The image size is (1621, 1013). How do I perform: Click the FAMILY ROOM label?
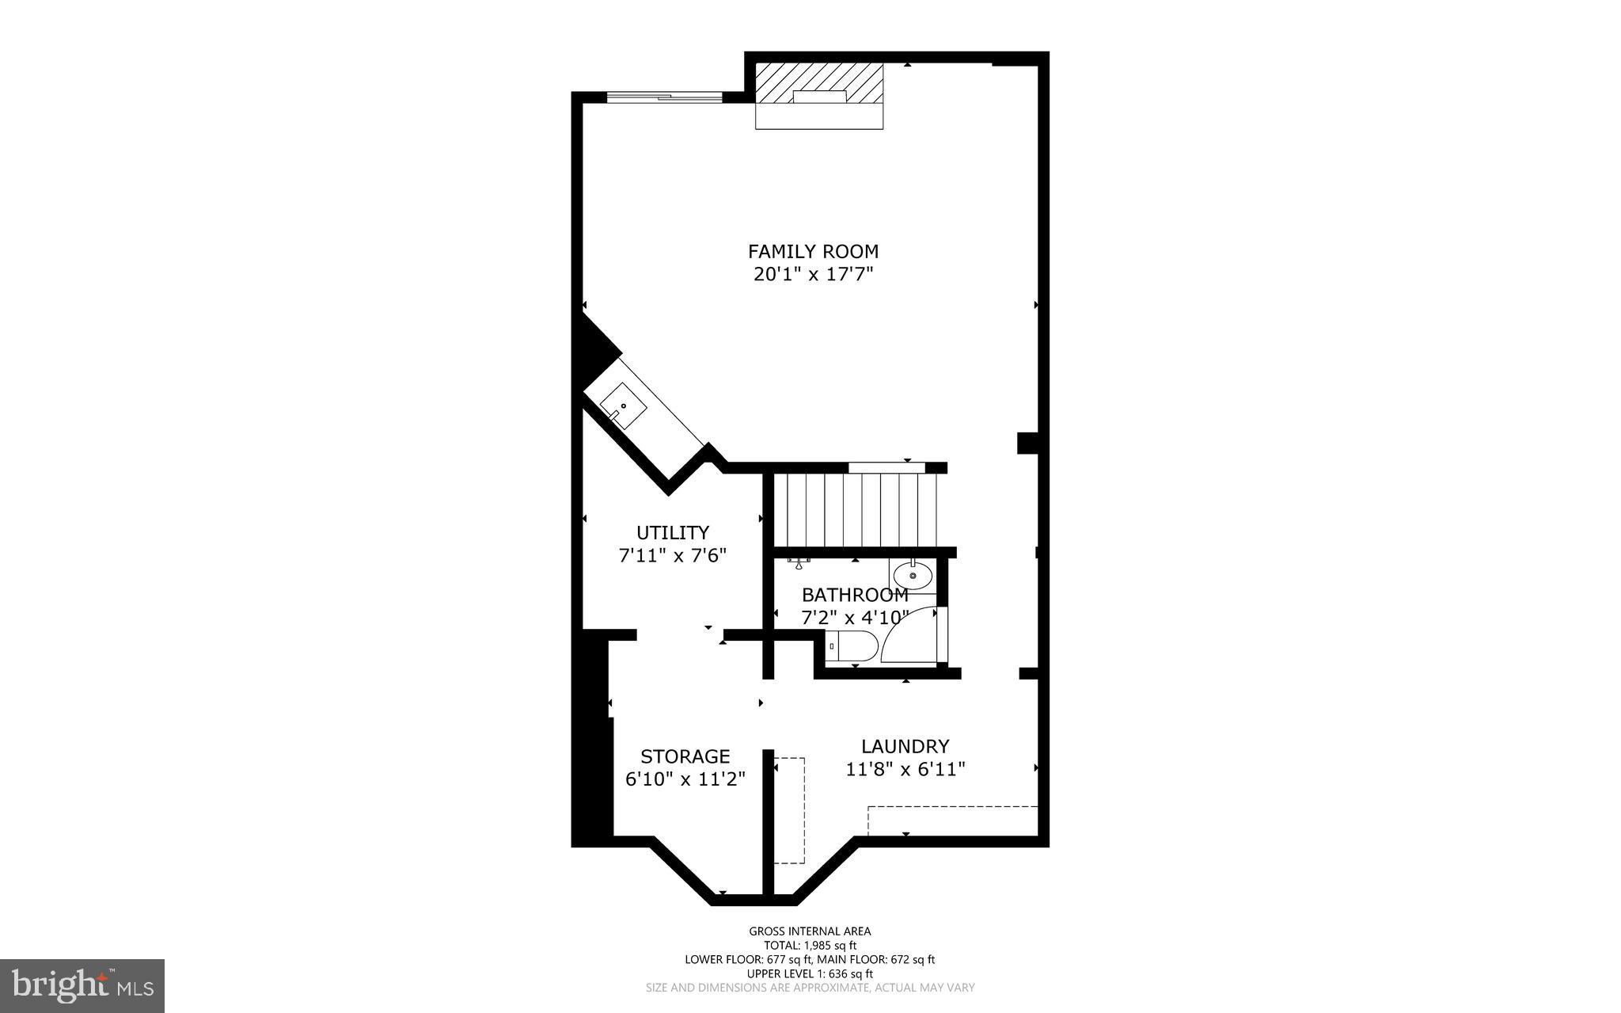813,252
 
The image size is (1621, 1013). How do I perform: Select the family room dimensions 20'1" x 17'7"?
813,275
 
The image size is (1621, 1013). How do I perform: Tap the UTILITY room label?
673,532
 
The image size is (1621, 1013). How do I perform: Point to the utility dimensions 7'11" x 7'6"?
673,555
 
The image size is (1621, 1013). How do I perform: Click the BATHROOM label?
855,595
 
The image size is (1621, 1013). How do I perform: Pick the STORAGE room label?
685,756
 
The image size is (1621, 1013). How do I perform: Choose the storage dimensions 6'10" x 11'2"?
685,779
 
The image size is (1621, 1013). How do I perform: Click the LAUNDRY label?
905,746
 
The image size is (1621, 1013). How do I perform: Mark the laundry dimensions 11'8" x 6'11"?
905,769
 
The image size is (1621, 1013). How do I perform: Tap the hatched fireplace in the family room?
819,84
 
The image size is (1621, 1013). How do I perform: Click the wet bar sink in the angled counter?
624,406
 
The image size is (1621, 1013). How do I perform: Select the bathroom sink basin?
913,575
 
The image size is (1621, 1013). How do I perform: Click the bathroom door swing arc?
909,635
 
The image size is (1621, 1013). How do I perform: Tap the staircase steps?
855,510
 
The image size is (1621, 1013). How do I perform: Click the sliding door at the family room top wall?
664,97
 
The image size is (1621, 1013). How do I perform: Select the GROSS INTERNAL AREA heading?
810,931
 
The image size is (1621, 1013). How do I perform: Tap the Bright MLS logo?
82,984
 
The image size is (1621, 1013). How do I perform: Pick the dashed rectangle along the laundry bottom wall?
952,820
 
